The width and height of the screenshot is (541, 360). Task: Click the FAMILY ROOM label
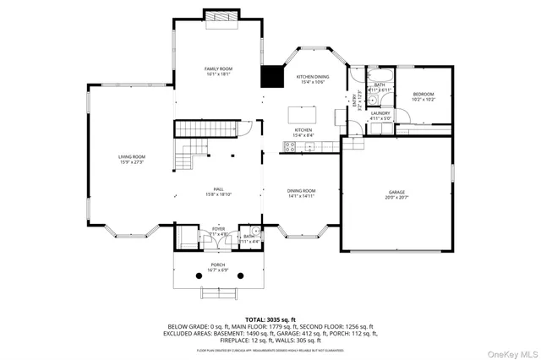click(218, 68)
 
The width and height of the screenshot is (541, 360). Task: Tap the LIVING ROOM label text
click(131, 156)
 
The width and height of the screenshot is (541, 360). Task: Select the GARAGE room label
click(397, 193)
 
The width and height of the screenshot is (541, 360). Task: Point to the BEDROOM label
click(424, 94)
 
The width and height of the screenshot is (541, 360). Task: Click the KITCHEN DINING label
click(312, 77)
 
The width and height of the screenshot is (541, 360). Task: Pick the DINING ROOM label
click(301, 191)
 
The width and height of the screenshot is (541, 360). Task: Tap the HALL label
click(218, 189)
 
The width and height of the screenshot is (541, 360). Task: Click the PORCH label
click(218, 265)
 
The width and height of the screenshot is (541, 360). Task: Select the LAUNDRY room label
click(380, 113)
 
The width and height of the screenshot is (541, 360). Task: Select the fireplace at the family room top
click(218, 16)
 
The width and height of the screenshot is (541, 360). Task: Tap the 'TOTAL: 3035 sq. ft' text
click(270, 319)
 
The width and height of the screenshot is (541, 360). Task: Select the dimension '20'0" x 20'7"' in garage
click(397, 198)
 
